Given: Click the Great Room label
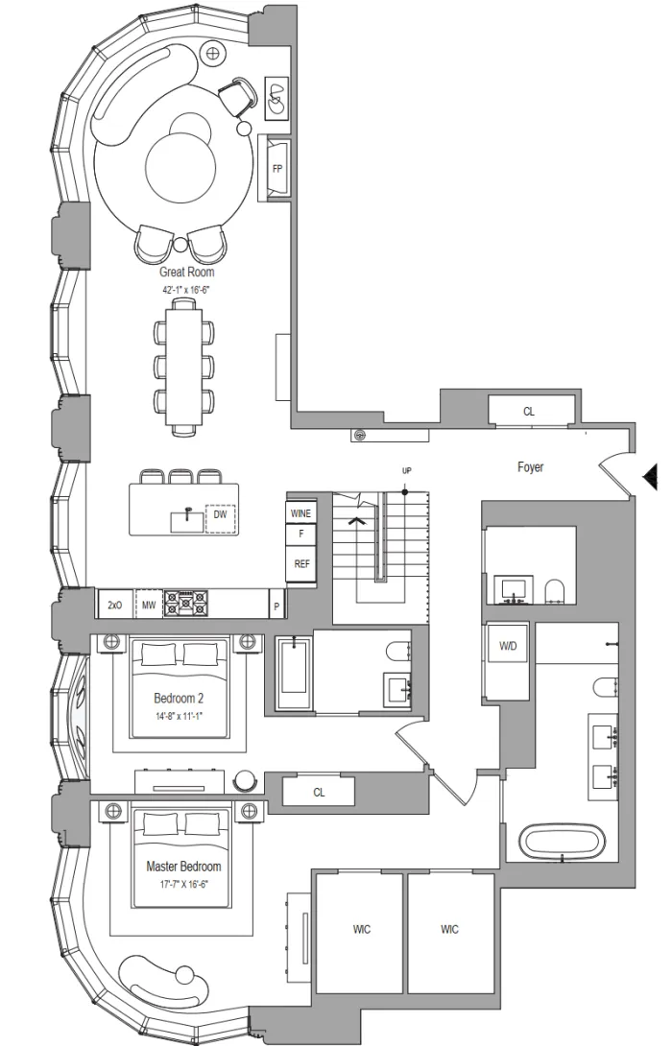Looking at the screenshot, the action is pos(187,273).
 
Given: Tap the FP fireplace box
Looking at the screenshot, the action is pos(277,169).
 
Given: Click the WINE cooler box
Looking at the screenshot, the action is pos(300,513).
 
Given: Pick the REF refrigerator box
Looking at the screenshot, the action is pos(301,564).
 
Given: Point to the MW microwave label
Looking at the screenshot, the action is pos(149,606).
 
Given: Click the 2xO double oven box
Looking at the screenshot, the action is pos(115,606).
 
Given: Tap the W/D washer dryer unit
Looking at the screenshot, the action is pos(508,645).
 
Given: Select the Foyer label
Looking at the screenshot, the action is pos(531,467).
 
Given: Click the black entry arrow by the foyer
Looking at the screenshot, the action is pos(651,476).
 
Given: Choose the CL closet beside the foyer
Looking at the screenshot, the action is pos(530,411).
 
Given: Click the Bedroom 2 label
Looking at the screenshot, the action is pos(179,699).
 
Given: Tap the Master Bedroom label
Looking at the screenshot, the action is pos(183,867).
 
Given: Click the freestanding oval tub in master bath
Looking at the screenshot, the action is pos(563,843).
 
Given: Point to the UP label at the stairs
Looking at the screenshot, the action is pos(406,471).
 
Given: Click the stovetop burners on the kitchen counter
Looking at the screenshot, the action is pos(187,604).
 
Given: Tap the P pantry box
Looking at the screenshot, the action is pos(276,607).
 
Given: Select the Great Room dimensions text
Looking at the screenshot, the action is pos(187,290).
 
